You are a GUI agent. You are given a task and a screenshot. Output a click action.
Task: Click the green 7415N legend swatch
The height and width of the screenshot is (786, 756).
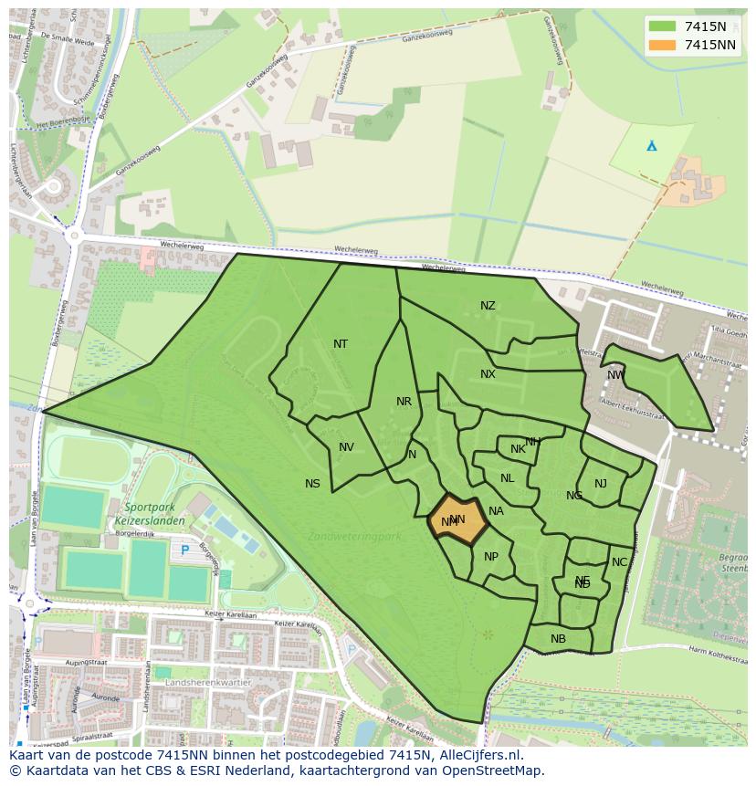point(663,26)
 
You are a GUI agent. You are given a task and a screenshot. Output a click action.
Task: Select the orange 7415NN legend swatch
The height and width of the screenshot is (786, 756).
point(663,45)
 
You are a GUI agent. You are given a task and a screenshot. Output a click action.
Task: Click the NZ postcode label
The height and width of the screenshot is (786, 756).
point(488,306)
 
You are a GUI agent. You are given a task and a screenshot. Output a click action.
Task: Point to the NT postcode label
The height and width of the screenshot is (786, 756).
point(341,344)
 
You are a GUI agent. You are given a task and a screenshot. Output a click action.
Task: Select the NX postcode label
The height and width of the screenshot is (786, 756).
point(488,374)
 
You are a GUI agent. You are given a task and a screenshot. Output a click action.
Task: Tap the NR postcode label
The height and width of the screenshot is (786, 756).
point(404,402)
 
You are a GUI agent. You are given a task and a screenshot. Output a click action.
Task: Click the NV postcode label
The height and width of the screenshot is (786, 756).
point(346,447)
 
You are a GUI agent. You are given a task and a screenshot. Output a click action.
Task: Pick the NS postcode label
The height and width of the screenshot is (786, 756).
point(312,484)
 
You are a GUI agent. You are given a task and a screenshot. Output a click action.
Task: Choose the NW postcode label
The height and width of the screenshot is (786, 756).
point(615,375)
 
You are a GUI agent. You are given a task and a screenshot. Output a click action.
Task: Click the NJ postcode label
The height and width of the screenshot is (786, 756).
point(600,484)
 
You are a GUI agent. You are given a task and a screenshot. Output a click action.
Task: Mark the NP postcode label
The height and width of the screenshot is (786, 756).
point(491,557)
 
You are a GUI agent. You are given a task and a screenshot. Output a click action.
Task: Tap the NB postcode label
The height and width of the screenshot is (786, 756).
point(558,639)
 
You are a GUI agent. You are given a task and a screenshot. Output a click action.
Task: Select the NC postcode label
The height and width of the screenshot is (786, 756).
point(619,562)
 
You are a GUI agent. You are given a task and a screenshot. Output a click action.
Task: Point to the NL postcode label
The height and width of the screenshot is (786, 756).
point(507,478)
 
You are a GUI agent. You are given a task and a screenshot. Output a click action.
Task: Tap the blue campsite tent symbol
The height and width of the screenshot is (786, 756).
point(651,145)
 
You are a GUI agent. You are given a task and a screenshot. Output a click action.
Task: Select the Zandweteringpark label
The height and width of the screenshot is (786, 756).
point(355,536)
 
